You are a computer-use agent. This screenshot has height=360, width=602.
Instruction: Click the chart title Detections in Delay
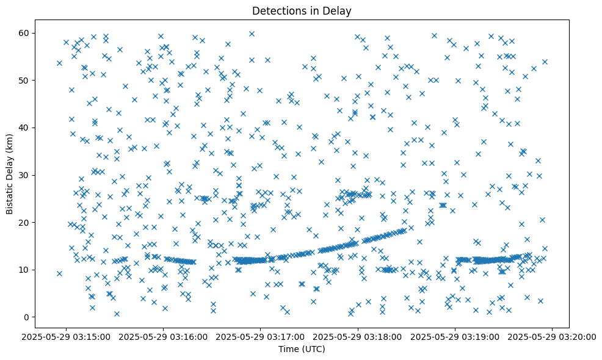302,10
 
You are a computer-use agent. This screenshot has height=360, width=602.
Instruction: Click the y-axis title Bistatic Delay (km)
10,174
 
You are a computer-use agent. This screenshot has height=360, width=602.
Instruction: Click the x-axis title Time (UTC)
302,349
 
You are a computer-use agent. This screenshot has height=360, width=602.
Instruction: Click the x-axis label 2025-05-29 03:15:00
67,336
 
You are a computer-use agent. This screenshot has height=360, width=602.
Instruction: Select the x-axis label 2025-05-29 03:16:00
164,336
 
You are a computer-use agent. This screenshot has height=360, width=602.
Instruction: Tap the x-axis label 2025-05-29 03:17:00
261,336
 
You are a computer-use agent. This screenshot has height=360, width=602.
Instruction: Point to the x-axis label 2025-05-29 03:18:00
358,336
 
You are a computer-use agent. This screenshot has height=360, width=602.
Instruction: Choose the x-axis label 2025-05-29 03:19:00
455,336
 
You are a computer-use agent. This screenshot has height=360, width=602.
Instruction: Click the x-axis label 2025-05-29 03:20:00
553,336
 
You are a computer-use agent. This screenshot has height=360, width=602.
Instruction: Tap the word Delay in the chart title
339,10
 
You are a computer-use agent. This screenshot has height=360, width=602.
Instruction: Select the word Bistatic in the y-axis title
10,196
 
